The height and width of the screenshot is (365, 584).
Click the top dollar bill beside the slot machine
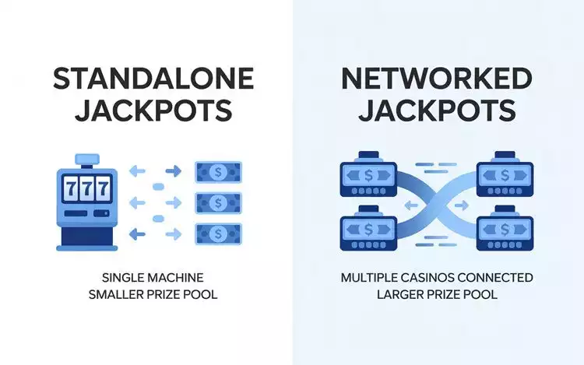218,171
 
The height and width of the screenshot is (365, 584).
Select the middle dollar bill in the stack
218,202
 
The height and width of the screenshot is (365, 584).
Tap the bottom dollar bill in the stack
218,232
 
